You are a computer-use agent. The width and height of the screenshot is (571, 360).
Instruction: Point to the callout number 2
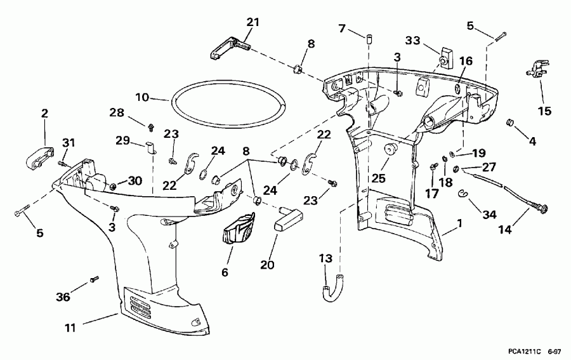point(44,114)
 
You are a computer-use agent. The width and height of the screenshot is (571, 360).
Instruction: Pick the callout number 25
point(379,179)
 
